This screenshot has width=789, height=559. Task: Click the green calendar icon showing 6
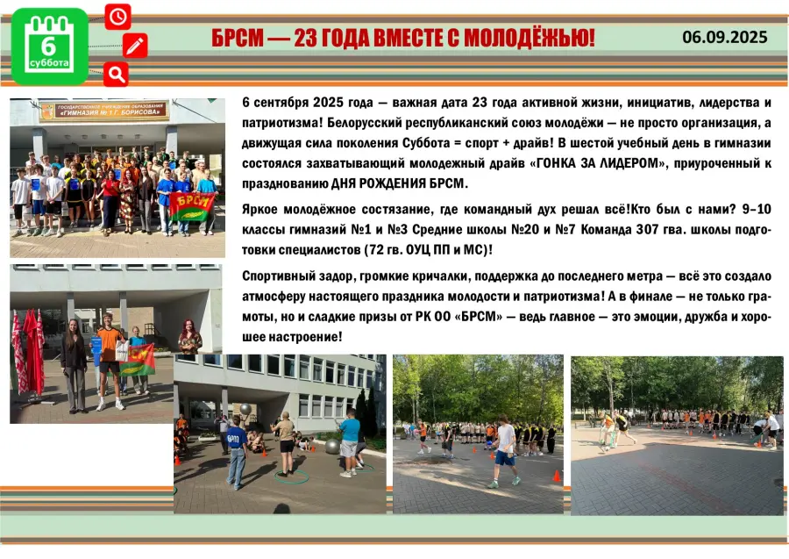pyautogui.click(x=49, y=47)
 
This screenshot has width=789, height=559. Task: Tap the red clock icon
pyautogui.click(x=117, y=17)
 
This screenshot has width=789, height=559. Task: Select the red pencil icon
pyautogui.click(x=135, y=46)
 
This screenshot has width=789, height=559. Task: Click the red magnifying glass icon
pyautogui.click(x=117, y=75)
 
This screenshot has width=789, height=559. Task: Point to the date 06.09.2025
pyautogui.click(x=725, y=37)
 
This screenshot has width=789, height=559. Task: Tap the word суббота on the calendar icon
pyautogui.click(x=49, y=63)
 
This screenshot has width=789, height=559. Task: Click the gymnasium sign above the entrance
pyautogui.click(x=104, y=111)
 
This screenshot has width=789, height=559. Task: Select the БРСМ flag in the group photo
pyautogui.click(x=192, y=206)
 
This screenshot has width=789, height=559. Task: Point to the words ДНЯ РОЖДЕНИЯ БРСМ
pyautogui.click(x=399, y=183)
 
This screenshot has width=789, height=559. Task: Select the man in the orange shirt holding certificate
pyautogui.click(x=110, y=361)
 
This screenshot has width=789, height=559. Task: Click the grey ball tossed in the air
pyautogui.click(x=245, y=408)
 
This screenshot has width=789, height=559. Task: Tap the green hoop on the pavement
pyautogui.click(x=292, y=476)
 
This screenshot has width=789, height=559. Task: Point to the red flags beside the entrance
pyautogui.click(x=28, y=352)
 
